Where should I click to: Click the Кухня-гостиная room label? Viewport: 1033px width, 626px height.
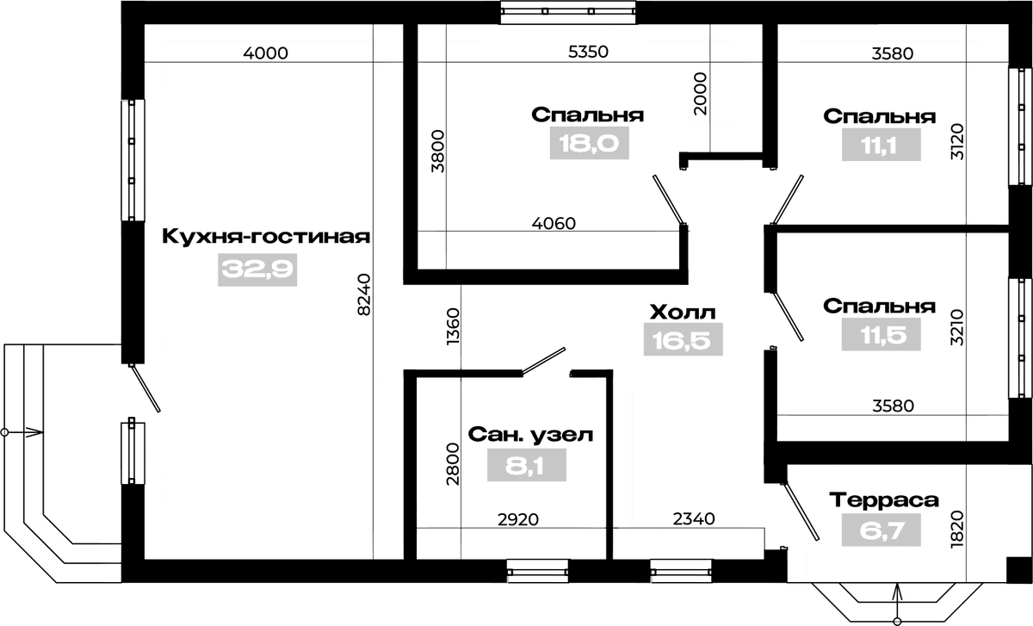click(x=266, y=237)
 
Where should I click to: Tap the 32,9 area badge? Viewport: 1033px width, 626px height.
click(x=257, y=270)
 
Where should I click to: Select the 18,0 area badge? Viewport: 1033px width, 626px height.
click(x=590, y=143)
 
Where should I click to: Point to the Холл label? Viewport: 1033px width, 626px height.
click(x=683, y=313)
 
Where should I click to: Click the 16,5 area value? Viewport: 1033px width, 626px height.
click(x=683, y=339)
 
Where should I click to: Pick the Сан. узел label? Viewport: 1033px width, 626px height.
click(x=530, y=435)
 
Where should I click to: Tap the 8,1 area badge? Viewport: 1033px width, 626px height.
click(x=527, y=466)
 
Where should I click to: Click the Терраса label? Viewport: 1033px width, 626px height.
click(x=884, y=500)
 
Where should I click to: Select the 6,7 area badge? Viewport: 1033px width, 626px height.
click(x=881, y=530)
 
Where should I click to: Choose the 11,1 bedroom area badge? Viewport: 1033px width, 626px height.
click(x=881, y=145)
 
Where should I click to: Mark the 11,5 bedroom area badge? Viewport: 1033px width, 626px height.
click(x=881, y=334)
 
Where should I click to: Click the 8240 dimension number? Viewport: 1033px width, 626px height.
click(x=364, y=294)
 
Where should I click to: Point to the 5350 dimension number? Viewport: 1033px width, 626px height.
click(x=588, y=52)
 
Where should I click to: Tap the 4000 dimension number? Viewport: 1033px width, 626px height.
click(x=266, y=53)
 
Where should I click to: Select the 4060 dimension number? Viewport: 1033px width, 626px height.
click(x=554, y=224)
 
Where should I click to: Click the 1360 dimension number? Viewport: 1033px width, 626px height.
click(x=454, y=326)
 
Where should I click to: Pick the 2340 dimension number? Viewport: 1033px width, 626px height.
click(x=694, y=519)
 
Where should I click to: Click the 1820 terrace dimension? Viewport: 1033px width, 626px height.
click(x=957, y=529)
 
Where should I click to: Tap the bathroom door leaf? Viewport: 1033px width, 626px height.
click(x=544, y=361)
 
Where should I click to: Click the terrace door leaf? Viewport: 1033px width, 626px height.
click(x=801, y=511)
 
